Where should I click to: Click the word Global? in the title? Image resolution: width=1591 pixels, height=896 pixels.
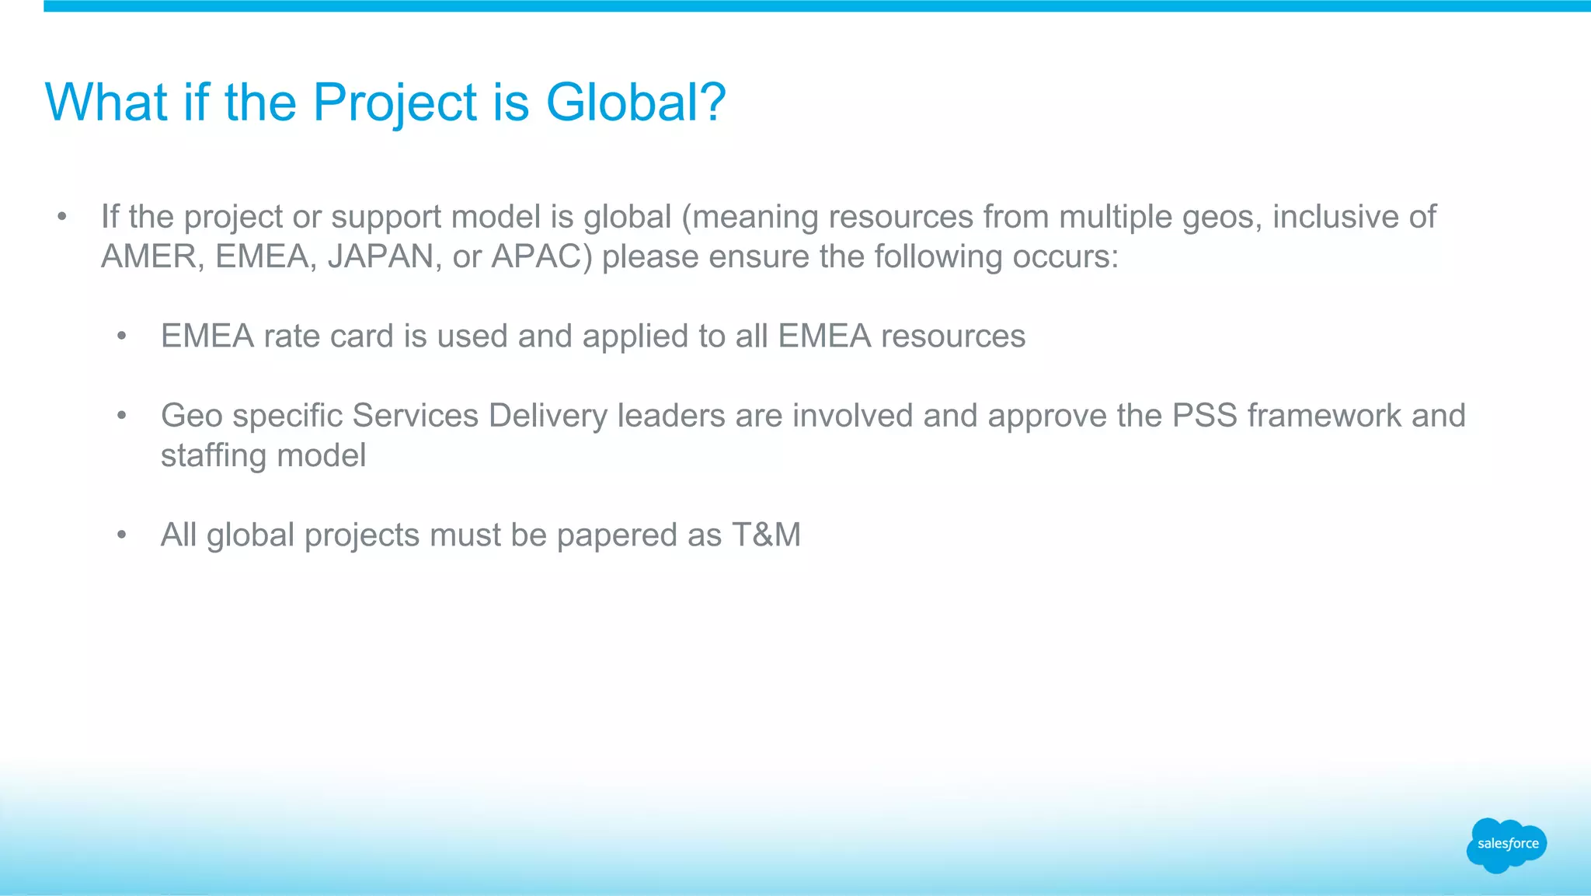635,103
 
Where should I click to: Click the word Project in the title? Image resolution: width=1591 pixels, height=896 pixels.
395,103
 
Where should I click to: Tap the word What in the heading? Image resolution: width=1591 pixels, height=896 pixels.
106,103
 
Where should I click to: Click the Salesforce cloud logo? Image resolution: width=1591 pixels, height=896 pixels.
1507,845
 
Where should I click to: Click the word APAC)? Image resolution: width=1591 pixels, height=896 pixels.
541,256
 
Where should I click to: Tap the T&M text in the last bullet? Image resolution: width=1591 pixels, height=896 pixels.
766,535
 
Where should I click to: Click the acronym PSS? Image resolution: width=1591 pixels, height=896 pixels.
1204,416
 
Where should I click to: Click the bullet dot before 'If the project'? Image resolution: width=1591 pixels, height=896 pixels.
62,217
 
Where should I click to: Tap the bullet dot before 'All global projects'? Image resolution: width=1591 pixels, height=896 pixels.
121,535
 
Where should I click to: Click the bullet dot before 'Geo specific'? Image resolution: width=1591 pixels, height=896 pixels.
121,416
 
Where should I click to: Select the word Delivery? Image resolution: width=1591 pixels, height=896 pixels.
548,416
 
